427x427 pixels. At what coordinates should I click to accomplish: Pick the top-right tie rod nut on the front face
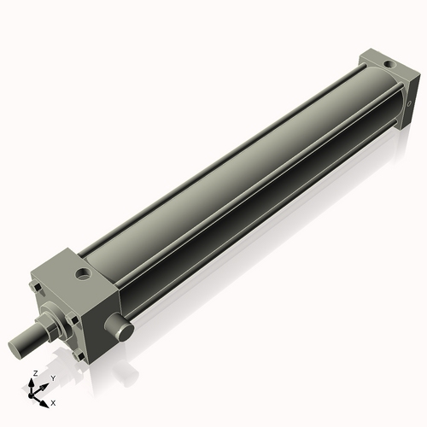tap(71, 295)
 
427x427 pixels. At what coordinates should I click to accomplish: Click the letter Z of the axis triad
tap(33, 373)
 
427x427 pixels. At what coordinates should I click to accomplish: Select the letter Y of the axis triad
tap(52, 377)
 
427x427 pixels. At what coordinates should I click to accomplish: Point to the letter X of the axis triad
tap(54, 401)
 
